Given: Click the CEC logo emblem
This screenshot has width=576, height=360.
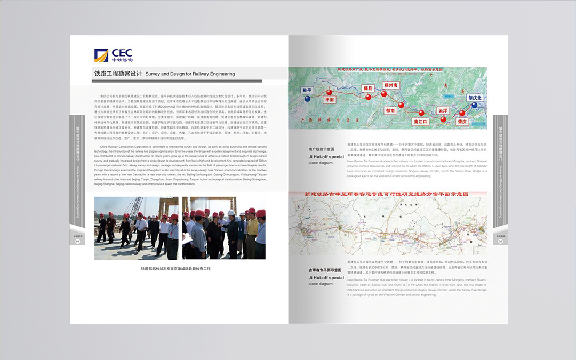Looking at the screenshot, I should (x=101, y=55).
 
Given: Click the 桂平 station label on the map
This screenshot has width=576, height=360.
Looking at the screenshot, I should (x=308, y=90).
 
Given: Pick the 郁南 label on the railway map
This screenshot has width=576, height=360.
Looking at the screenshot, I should (x=391, y=110).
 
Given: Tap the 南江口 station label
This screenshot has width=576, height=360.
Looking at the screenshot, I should (x=421, y=122).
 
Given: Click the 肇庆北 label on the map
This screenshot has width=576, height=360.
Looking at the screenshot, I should (x=475, y=98).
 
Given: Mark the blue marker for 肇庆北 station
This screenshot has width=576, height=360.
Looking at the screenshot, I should (x=474, y=106).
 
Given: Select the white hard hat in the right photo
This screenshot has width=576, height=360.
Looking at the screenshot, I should (x=231, y=212).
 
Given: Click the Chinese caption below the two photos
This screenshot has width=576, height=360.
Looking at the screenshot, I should (x=175, y=269).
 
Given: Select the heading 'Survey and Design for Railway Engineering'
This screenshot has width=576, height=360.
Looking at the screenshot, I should (x=190, y=74).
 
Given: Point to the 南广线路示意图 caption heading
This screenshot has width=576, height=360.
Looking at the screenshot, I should (x=321, y=149).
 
